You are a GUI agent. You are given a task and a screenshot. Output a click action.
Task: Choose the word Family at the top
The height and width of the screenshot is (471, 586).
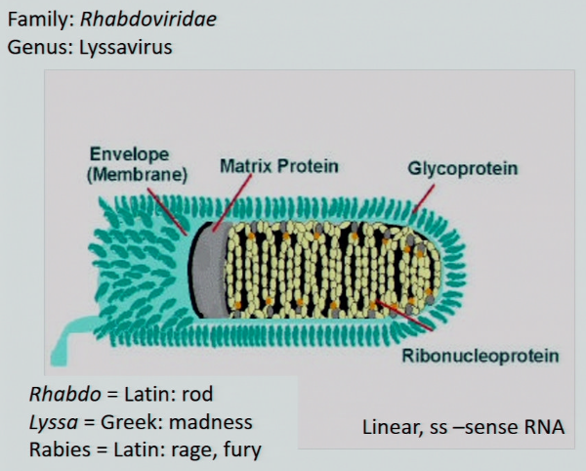click(35, 21)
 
